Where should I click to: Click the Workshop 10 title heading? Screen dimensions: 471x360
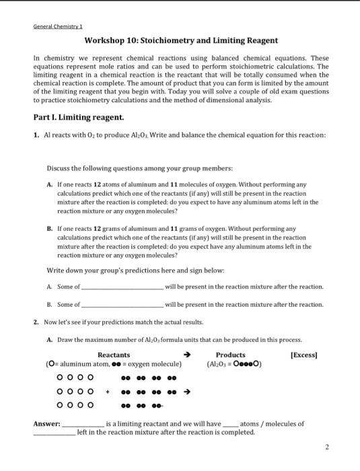[x=181, y=40]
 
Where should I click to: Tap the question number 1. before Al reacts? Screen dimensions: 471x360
[x=36, y=135]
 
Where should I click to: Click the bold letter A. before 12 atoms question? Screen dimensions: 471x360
[x=50, y=183]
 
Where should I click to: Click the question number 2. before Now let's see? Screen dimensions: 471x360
[x=36, y=322]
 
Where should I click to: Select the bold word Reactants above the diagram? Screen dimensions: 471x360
[x=114, y=355]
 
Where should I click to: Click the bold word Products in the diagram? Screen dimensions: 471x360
[x=230, y=355]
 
